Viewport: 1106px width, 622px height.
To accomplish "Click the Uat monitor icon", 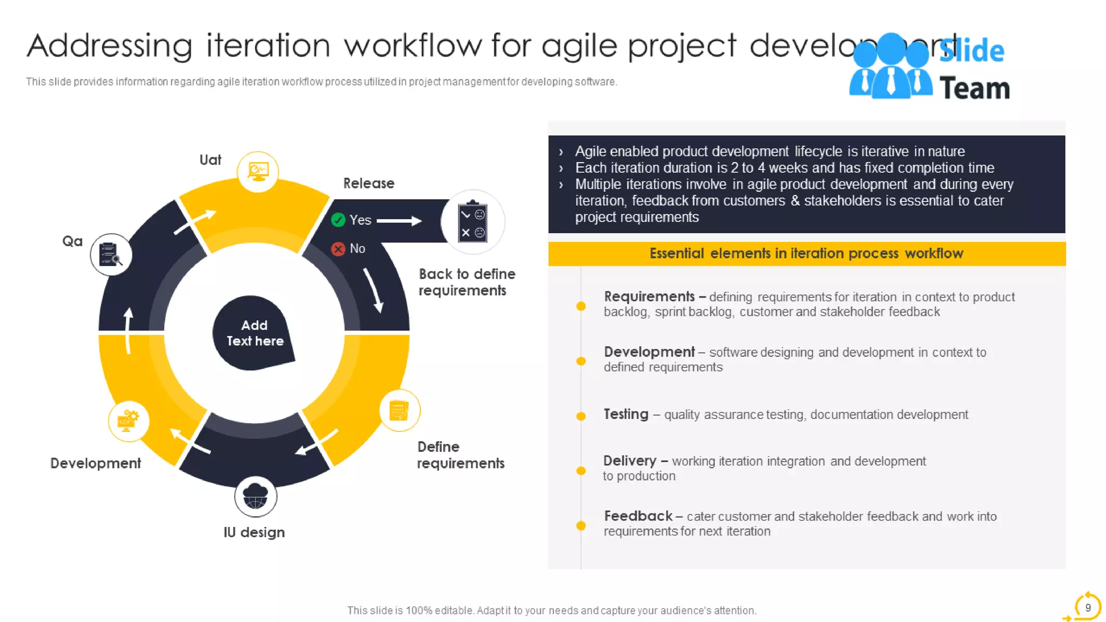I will [x=258, y=172].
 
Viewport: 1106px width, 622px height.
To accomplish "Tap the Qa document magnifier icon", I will [x=111, y=254].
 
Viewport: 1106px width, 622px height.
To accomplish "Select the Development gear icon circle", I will [x=129, y=421].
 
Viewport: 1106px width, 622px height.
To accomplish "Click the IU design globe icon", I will [x=255, y=496].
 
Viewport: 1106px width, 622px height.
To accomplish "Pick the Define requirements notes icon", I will [x=400, y=410].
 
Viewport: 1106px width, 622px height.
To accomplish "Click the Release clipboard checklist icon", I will [x=473, y=222].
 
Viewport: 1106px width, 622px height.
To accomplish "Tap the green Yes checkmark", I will [x=338, y=220].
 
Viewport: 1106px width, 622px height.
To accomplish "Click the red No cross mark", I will [x=338, y=249].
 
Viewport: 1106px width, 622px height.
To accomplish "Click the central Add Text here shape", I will [x=254, y=333].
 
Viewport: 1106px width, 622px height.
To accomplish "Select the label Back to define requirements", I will [x=467, y=282].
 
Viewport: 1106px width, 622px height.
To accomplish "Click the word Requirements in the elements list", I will [x=649, y=296].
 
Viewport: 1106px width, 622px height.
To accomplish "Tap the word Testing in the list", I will [x=626, y=414].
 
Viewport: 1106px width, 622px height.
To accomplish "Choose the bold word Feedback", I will [x=638, y=516].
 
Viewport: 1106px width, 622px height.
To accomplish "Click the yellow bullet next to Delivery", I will [x=581, y=470].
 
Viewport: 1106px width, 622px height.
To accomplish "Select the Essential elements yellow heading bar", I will [x=806, y=254].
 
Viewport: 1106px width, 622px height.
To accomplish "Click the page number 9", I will [x=1088, y=607].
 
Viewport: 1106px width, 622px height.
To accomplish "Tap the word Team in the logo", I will [x=974, y=89].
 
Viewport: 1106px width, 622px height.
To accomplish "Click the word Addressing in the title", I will [x=110, y=45].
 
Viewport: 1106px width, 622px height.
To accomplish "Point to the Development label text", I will [x=96, y=463].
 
